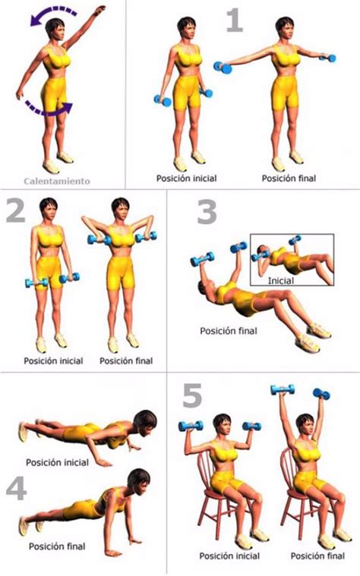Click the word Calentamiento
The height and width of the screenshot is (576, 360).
(57, 181)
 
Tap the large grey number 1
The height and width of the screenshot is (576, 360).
(235, 21)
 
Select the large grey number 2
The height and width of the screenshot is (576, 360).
(16, 211)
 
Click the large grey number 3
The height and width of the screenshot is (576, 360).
(207, 212)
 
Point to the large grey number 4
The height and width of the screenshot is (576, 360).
(17, 489)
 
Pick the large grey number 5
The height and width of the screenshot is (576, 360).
(192, 395)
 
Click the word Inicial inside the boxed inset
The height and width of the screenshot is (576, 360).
(281, 281)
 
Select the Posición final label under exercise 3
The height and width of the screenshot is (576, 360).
(229, 331)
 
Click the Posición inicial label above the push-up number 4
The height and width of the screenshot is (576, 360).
(57, 462)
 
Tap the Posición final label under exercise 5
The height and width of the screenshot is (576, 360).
(317, 556)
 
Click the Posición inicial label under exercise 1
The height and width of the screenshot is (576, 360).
(186, 178)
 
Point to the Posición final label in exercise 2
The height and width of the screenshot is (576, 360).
(126, 360)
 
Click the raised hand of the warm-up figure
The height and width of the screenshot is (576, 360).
(99, 10)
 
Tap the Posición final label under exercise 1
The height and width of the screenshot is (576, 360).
(289, 178)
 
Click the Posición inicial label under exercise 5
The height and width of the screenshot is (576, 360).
(229, 556)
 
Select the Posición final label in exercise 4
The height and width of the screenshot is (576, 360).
(57, 546)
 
